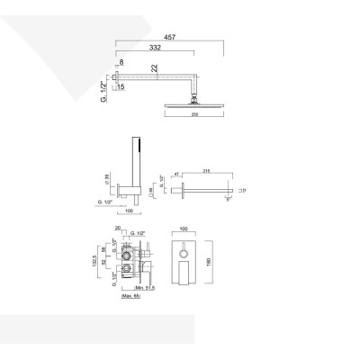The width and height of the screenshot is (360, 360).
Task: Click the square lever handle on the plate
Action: [188, 271]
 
